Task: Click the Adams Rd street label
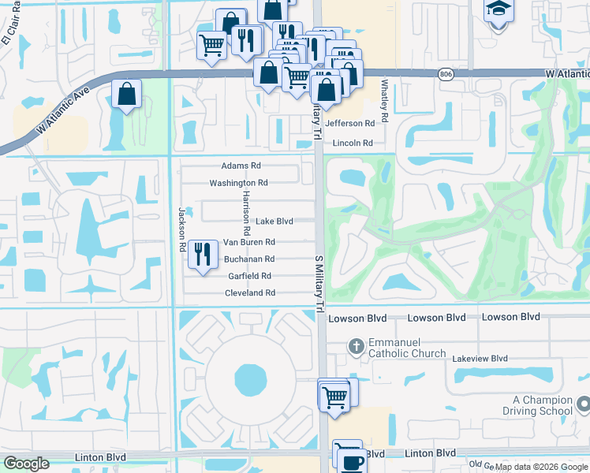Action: [x=241, y=166]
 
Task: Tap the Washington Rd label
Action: [x=238, y=183]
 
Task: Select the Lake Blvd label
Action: [x=274, y=222]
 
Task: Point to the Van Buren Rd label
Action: [x=248, y=242]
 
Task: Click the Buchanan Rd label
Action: [x=248, y=259]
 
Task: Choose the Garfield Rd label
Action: [x=249, y=276]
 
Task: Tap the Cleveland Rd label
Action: [x=249, y=292]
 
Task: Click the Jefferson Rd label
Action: [x=349, y=124]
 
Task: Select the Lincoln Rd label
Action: [x=352, y=143]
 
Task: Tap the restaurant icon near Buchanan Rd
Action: [x=203, y=254]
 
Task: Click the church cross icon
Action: [x=356, y=346]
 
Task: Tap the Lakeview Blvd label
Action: [x=480, y=358]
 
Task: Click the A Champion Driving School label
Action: [x=536, y=405]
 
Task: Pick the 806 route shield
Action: [x=446, y=73]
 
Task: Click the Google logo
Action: [x=25, y=464]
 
